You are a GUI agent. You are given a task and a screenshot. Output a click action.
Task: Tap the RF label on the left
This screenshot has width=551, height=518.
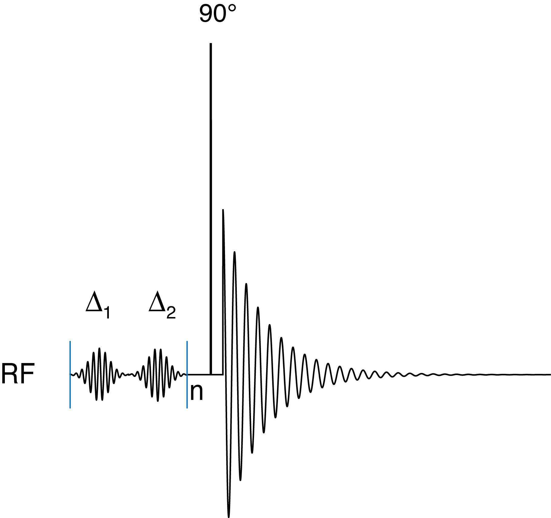[x=18, y=374]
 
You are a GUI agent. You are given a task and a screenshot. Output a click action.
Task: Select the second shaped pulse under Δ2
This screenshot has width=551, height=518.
[x=158, y=375]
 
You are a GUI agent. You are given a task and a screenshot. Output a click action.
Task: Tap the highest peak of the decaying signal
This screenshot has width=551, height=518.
[x=223, y=210]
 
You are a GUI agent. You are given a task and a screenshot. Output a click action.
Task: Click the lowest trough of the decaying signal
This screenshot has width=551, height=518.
[x=229, y=516]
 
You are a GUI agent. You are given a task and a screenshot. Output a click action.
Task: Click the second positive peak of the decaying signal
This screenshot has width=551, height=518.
[x=234, y=252]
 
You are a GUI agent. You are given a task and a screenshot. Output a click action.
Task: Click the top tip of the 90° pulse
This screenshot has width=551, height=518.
[x=211, y=44]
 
